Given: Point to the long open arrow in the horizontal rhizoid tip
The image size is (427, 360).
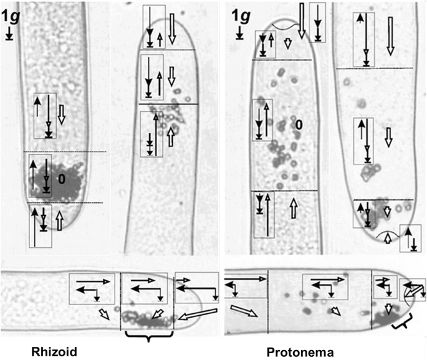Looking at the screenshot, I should pos(198,313).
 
